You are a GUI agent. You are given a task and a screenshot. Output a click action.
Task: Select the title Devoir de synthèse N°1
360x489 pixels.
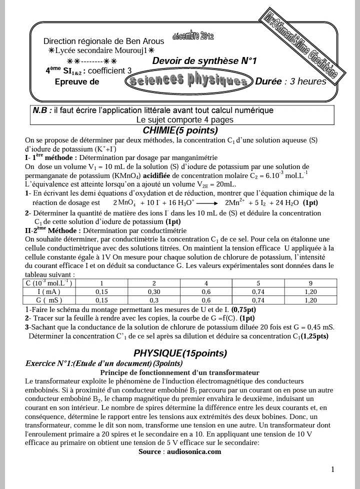(204, 61)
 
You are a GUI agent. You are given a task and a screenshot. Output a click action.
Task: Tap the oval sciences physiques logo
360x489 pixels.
(188, 81)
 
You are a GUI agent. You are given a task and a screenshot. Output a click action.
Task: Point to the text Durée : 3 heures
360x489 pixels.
(290, 81)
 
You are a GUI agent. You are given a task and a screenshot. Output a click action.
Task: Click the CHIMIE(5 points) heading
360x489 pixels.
(180, 130)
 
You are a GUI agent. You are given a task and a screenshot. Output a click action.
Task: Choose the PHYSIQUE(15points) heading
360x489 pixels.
(180, 353)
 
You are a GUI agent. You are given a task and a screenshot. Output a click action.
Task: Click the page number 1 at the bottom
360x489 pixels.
(332, 469)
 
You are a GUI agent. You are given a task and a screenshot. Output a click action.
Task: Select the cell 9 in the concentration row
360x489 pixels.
(310, 283)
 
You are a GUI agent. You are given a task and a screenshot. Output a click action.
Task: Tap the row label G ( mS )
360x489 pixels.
(49, 300)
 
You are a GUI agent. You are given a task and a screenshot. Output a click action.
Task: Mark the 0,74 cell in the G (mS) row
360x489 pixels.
(258, 300)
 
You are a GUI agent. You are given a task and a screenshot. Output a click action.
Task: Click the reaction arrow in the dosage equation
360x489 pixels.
(206, 203)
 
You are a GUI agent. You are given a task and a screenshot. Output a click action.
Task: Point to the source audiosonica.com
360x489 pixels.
(179, 451)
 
